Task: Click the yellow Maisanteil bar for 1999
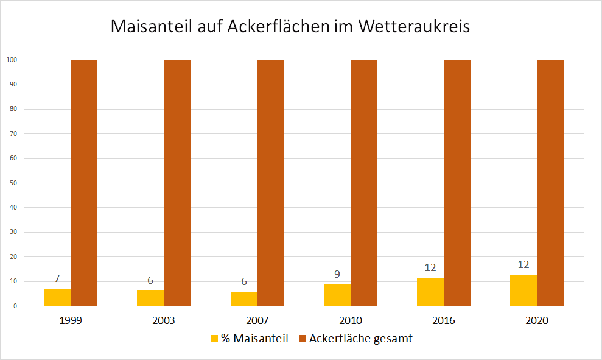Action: click(57, 297)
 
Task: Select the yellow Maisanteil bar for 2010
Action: click(337, 295)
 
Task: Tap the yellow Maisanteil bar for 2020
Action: click(523, 291)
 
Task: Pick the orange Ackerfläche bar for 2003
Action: click(177, 183)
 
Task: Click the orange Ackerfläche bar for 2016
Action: click(457, 183)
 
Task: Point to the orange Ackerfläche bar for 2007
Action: click(270, 183)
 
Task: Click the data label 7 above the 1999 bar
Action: click(57, 279)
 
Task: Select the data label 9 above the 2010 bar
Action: click(337, 275)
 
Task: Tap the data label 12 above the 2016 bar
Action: click(430, 267)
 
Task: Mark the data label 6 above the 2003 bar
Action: click(150, 281)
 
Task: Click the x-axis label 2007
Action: click(257, 320)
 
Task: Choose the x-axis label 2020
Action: click(537, 320)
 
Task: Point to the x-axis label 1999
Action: click(71, 320)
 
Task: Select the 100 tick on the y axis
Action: click(11, 60)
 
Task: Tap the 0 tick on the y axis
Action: click(14, 306)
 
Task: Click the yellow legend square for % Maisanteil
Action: click(214, 339)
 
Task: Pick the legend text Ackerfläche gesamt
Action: click(360, 339)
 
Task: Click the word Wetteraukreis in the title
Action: click(415, 27)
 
